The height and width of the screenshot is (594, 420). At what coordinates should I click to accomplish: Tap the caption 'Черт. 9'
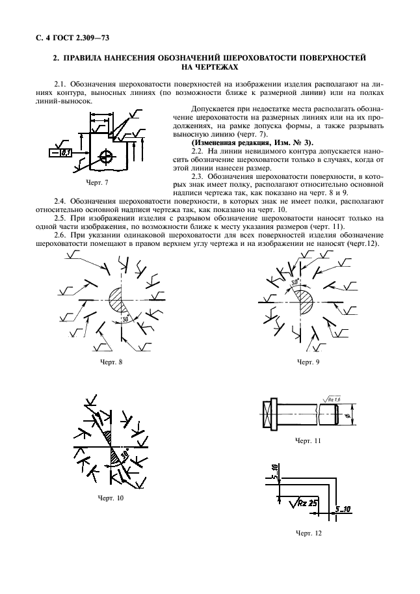(x=308, y=362)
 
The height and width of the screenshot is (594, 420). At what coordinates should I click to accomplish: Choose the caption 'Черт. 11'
(x=308, y=440)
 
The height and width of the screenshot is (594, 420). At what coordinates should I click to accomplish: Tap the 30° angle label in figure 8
(x=125, y=319)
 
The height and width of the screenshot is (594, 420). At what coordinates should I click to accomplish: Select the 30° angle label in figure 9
(x=295, y=283)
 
